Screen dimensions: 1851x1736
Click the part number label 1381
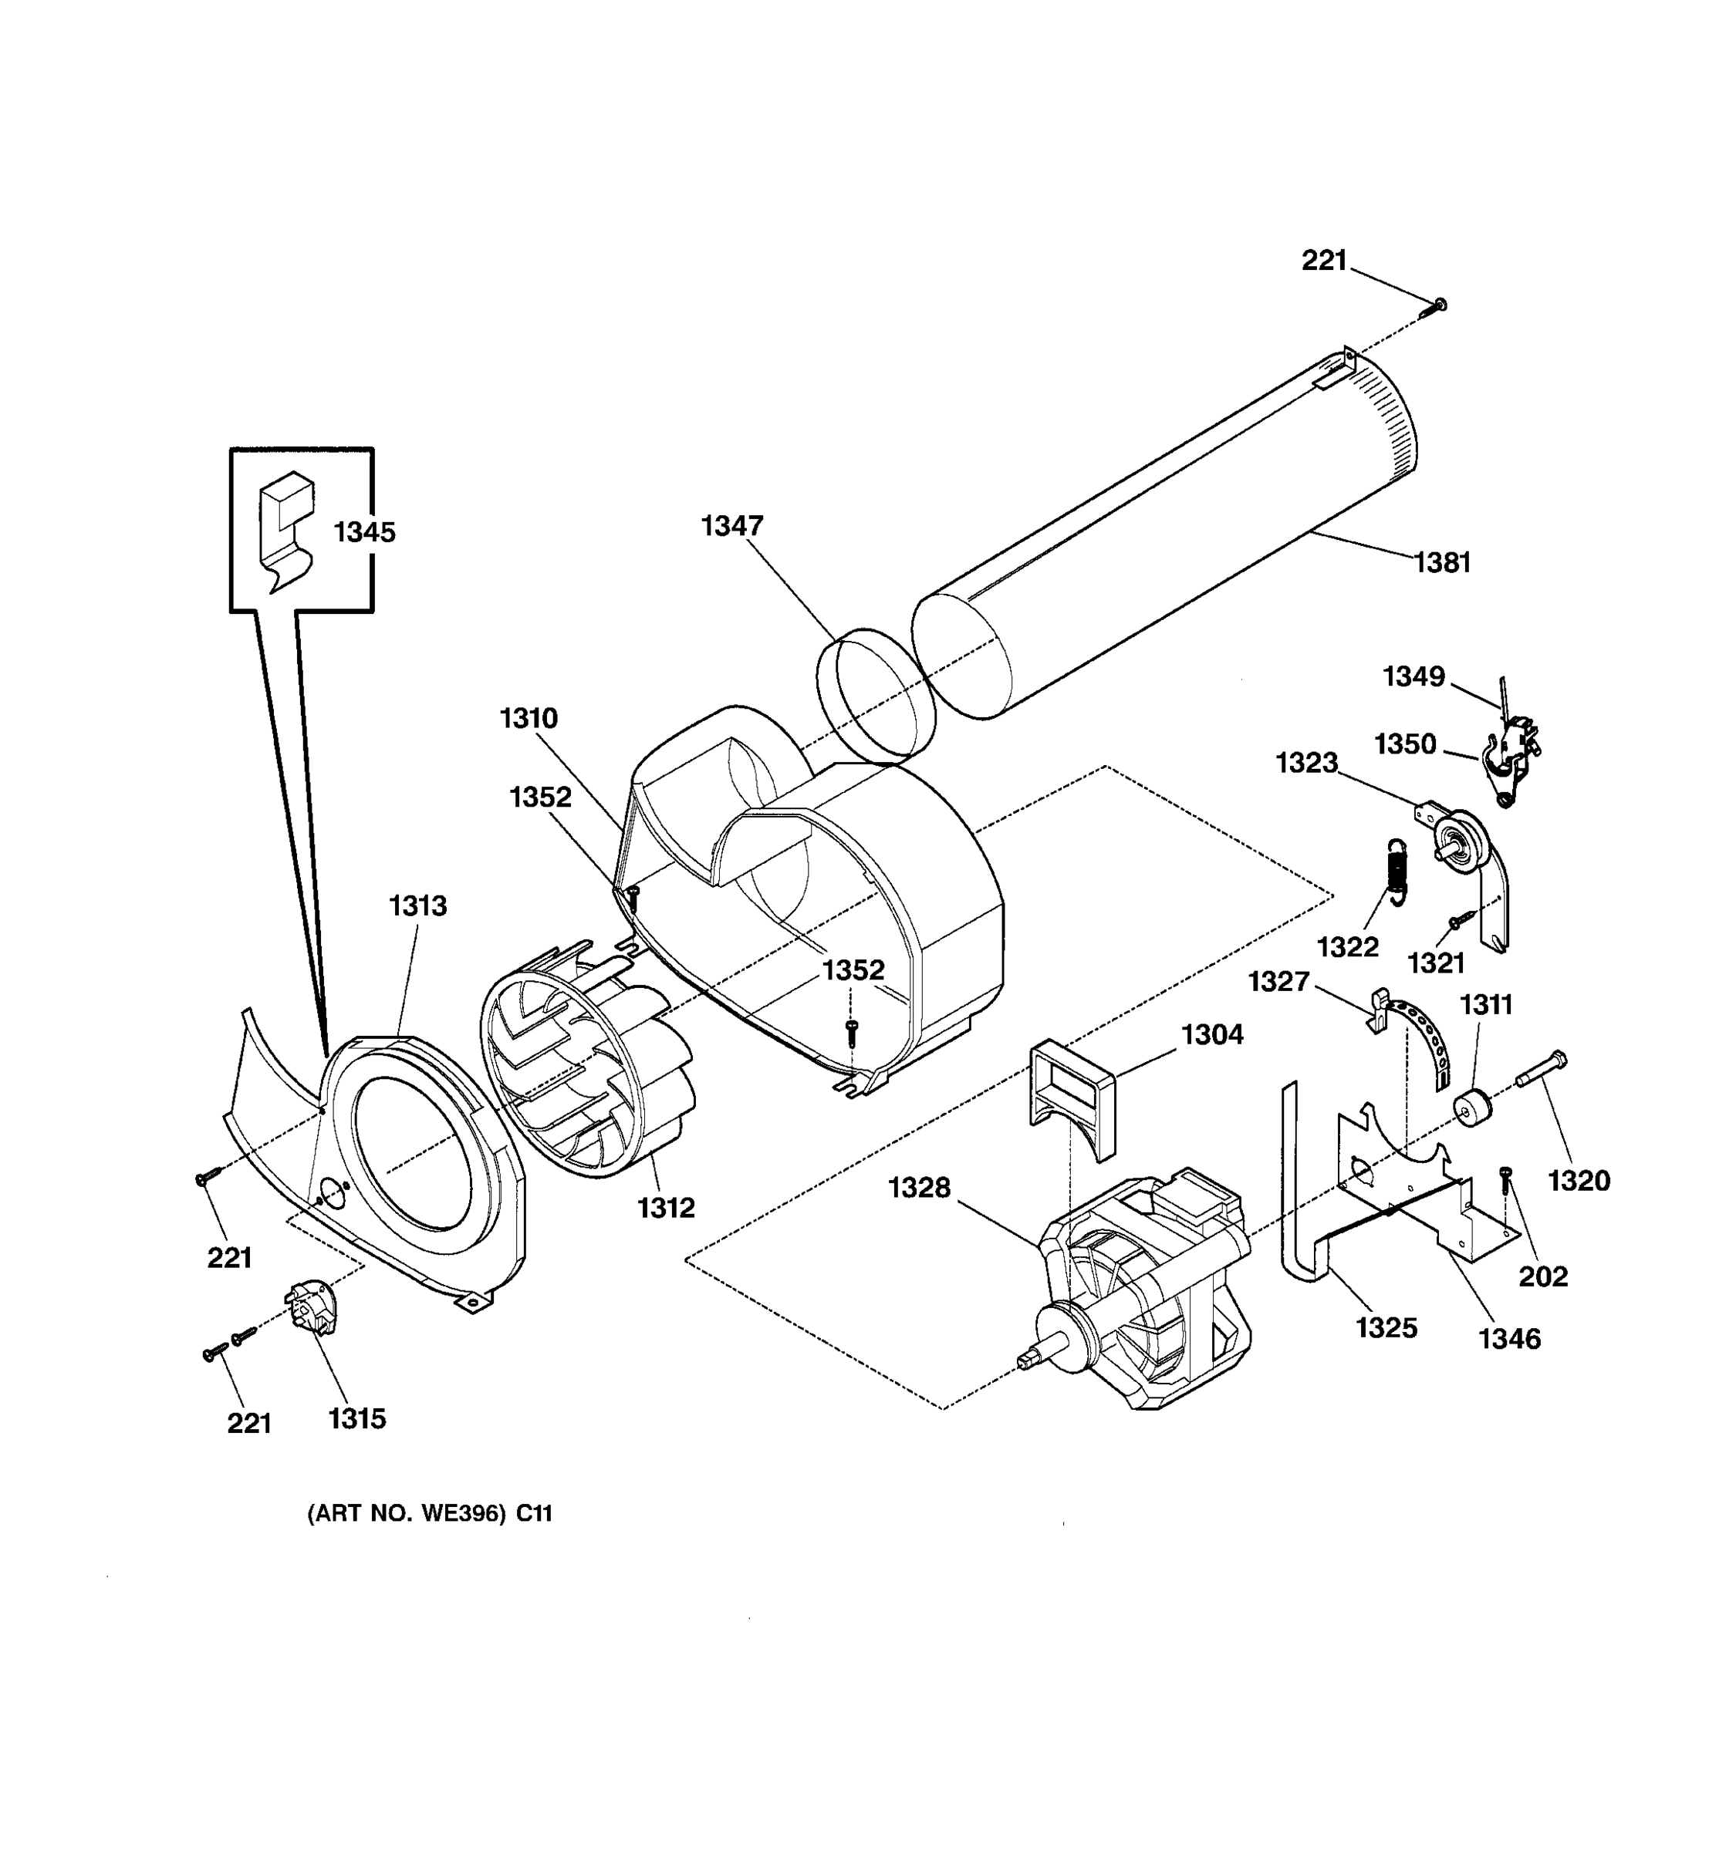1442,562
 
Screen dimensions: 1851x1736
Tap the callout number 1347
732,526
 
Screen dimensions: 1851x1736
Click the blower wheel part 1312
586,1070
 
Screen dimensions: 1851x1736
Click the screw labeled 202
1506,1182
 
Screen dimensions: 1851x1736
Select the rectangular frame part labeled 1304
1071,1099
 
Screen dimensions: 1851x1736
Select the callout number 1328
919,1188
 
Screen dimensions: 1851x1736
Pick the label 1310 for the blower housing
528,718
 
